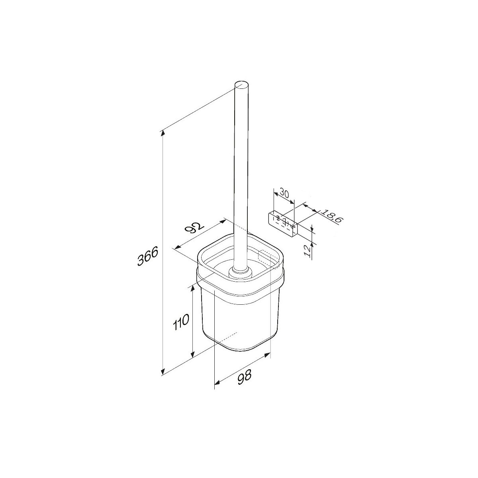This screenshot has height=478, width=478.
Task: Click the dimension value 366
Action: [x=148, y=257]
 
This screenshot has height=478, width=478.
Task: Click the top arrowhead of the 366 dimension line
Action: [x=163, y=133]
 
